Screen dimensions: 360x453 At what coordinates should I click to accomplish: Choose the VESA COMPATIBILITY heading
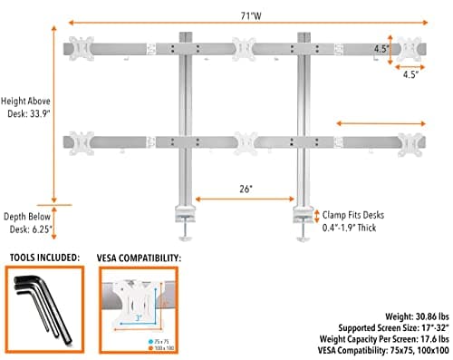(x=138, y=258)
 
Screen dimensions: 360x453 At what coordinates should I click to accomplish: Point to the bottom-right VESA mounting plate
(x=413, y=141)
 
